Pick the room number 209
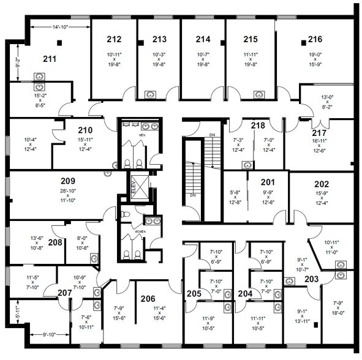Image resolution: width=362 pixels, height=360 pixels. [x=67, y=181]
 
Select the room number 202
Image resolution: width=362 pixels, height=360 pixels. [x=321, y=183]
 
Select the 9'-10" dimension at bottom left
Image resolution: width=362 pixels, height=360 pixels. [x=49, y=334]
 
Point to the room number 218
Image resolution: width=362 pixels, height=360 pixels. [x=258, y=125]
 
